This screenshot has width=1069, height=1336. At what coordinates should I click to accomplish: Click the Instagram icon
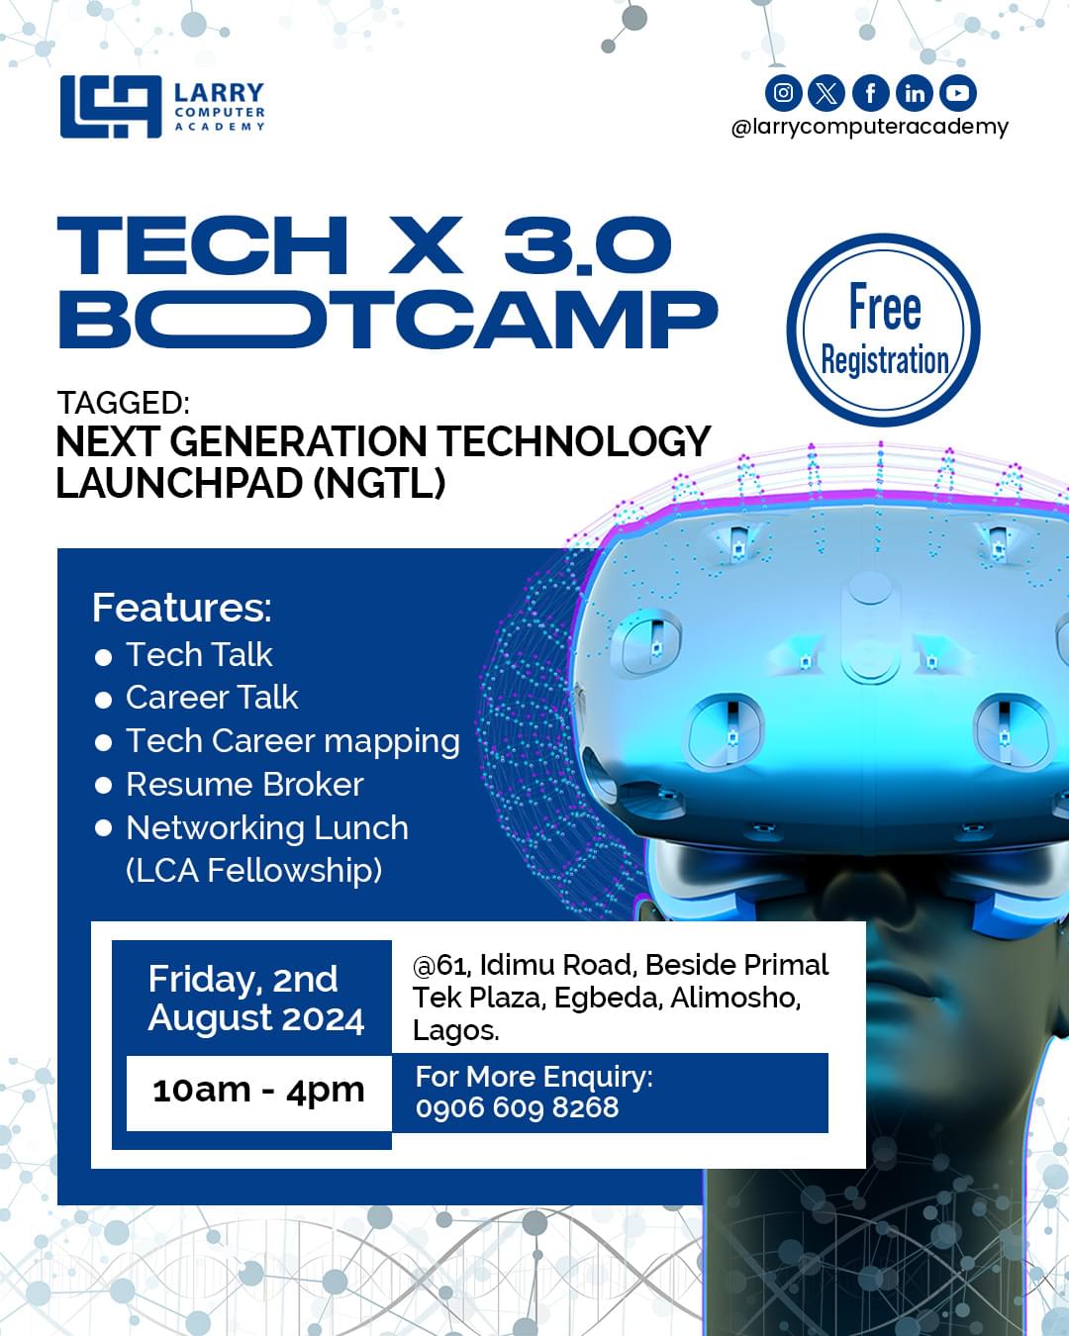[x=783, y=93]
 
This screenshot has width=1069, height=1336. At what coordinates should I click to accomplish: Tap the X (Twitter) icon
[x=826, y=93]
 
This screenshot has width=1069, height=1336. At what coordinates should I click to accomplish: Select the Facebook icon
[x=870, y=93]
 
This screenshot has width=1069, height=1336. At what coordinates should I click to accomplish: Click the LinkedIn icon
[x=914, y=93]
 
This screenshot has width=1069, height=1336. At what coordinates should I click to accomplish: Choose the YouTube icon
[x=957, y=93]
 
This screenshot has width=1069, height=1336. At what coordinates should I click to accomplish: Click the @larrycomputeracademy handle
[x=869, y=127]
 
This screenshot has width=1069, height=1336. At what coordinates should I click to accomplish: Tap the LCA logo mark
[x=110, y=107]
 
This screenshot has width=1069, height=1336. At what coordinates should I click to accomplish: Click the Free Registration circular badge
[x=883, y=331]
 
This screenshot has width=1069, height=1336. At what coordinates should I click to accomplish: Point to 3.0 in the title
[x=588, y=245]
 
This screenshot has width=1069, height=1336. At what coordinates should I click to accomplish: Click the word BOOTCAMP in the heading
[x=388, y=319]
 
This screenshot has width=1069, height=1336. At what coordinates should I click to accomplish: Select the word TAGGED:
[x=123, y=403]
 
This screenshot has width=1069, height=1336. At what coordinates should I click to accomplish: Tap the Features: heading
[x=181, y=608]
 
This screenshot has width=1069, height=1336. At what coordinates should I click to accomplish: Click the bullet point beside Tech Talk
[x=103, y=657]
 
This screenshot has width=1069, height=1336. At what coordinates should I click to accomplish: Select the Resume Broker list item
[x=244, y=785]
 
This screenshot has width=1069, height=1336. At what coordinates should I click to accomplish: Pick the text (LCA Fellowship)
[x=253, y=871]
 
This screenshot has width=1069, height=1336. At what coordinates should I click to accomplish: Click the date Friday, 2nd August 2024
[x=255, y=999]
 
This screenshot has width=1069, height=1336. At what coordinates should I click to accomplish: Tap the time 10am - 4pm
[x=258, y=1091]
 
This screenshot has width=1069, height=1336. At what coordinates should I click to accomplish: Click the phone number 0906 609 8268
[x=517, y=1107]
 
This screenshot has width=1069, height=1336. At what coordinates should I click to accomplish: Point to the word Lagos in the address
[x=453, y=1030]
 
